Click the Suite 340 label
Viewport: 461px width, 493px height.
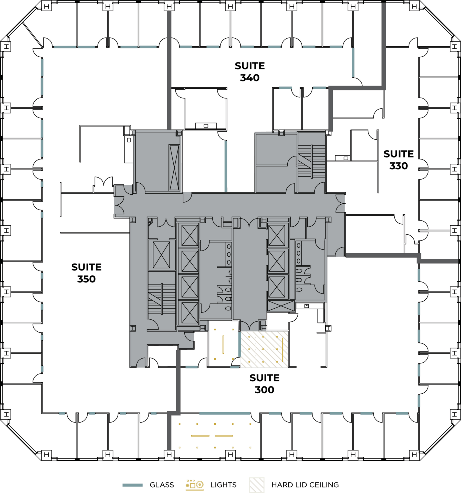(x=250, y=72)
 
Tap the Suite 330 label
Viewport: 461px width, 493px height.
(x=399, y=160)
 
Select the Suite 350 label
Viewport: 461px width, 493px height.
(x=86, y=273)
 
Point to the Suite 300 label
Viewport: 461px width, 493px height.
(x=264, y=384)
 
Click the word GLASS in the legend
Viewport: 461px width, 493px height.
(x=162, y=485)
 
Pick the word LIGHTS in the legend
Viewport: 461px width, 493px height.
(x=223, y=485)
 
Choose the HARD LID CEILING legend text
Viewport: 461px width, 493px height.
(x=305, y=485)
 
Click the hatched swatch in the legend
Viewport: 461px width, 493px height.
(x=256, y=485)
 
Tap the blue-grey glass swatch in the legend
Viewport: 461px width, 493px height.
(x=132, y=485)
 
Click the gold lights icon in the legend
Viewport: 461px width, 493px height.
(x=195, y=485)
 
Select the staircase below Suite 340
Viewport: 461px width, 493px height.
(x=311, y=161)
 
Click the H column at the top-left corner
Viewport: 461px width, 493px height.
(x=46, y=6)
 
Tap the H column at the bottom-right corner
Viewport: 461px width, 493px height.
(x=414, y=455)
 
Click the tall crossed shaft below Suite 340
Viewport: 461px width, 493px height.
(x=174, y=167)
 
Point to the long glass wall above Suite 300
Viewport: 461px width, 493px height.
(x=225, y=413)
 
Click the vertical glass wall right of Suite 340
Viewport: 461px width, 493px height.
(x=353, y=62)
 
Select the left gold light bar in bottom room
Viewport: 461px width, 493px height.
(x=200, y=436)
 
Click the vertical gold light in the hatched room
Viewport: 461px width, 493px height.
(x=282, y=350)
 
